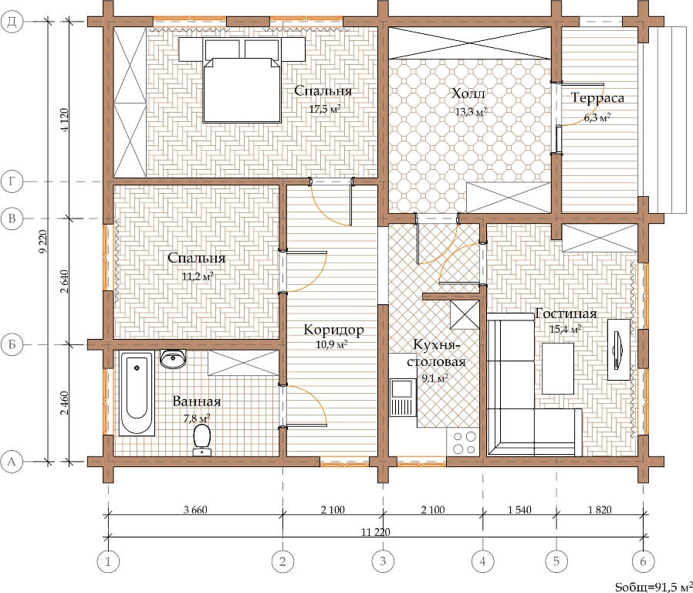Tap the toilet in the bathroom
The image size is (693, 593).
202,439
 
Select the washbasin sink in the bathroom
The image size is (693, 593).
173,358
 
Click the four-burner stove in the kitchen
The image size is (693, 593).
463,442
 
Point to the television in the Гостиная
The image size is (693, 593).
618,349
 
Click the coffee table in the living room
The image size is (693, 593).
558,368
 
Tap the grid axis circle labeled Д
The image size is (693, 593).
12,21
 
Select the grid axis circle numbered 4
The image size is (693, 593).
482,561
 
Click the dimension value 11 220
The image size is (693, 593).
375,531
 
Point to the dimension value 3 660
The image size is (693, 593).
195,510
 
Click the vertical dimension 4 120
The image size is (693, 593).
65,120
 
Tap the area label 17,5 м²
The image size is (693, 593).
325,109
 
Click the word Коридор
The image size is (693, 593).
333,330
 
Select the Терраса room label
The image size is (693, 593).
597,98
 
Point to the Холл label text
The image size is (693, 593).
468,93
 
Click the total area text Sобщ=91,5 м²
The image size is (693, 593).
654,586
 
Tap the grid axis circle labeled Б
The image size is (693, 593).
12,344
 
